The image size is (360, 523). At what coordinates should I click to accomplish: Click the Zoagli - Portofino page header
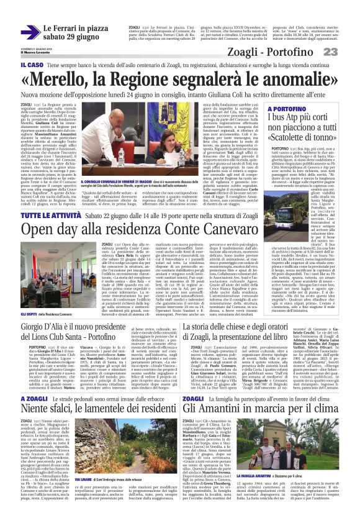(x=286, y=52)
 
